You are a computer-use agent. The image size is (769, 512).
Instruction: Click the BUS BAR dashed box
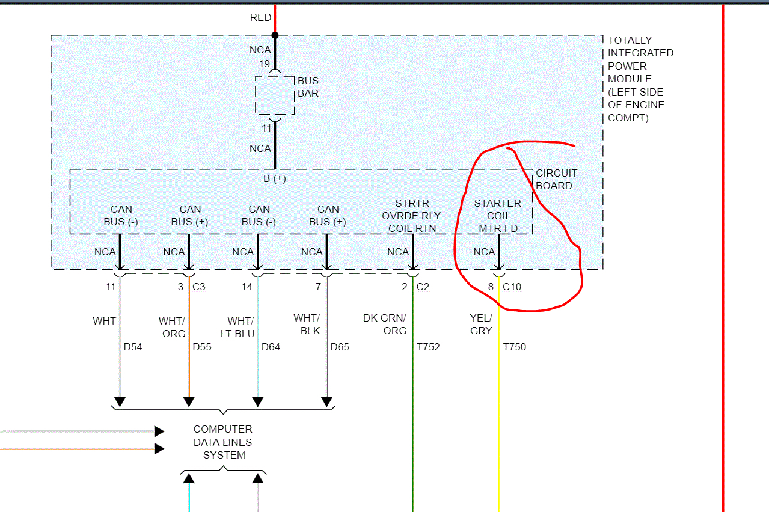coord(275,95)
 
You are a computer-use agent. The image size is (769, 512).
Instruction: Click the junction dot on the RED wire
coord(275,35)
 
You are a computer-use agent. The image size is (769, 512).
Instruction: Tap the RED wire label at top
coord(260,18)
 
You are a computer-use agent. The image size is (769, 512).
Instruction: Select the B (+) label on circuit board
coord(275,179)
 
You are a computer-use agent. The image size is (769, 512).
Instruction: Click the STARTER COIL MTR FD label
coord(498,216)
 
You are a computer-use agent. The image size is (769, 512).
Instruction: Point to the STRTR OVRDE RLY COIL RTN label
coord(412,216)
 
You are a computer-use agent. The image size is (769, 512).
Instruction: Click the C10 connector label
coord(512,287)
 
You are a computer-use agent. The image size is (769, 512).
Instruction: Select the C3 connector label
coord(198,287)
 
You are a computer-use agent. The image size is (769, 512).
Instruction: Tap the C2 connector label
coord(423,287)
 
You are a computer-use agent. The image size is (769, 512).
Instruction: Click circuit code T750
coord(514,347)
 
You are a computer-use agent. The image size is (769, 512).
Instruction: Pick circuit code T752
coord(428,347)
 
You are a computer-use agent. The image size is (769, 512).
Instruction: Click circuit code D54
coord(133,347)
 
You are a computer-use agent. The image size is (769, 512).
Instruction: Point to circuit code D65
coord(340,347)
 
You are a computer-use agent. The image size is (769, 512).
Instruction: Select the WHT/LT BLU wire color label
coord(241,327)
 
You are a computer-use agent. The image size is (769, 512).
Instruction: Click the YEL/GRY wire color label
coord(481,324)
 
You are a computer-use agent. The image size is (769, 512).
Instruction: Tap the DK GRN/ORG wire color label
coord(385,324)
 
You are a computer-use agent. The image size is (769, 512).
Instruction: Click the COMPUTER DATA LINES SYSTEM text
coord(223,442)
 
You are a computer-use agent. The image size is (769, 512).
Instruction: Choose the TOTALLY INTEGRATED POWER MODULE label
coord(640,79)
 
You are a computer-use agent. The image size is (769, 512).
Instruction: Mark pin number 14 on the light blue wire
coord(247,287)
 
